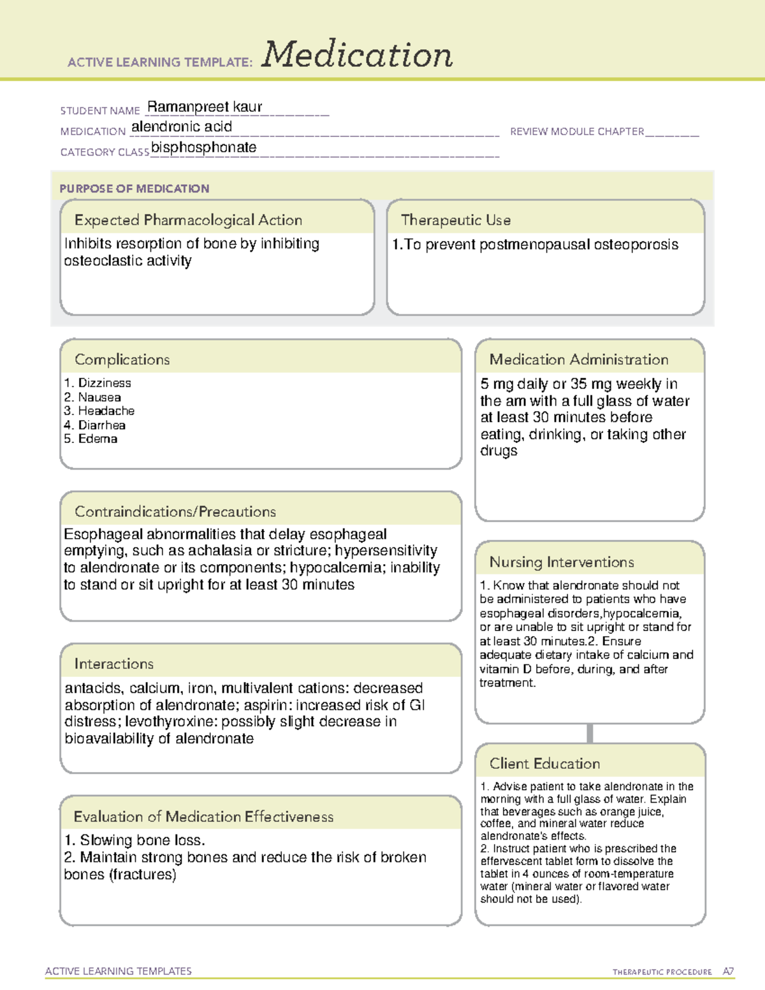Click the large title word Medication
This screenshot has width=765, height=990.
[357, 55]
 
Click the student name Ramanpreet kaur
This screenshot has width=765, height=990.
[205, 107]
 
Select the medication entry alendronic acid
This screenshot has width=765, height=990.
[182, 127]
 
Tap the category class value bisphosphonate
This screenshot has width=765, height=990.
[204, 147]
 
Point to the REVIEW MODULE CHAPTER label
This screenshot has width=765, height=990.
[577, 131]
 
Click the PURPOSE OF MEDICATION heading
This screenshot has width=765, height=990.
[135, 189]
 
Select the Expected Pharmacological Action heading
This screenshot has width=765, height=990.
[188, 220]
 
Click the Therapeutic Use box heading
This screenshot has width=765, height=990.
[456, 220]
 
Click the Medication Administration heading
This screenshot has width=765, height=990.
[579, 360]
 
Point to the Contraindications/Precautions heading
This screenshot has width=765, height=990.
[175, 512]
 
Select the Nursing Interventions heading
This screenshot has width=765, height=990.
[562, 562]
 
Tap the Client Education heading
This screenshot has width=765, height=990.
[544, 764]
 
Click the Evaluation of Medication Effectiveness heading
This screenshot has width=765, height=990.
[203, 817]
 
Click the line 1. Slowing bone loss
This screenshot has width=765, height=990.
[135, 840]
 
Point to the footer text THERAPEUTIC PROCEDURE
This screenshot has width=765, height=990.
[662, 972]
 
